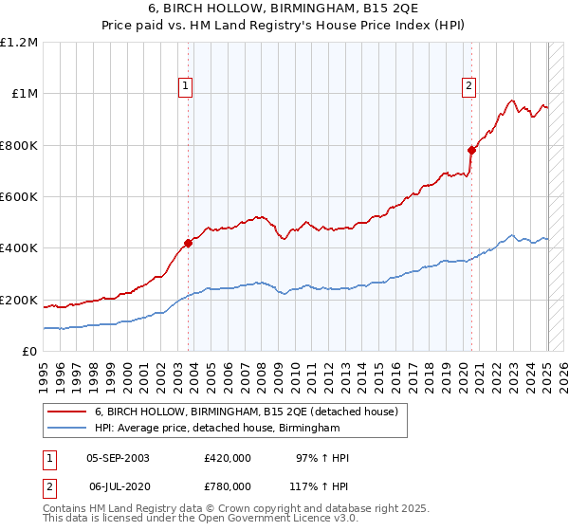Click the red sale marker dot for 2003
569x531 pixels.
coord(188,243)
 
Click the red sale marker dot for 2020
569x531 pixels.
coord(471,150)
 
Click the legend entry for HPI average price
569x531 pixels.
coord(217,429)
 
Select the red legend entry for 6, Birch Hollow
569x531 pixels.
coord(251,412)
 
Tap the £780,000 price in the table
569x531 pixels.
coord(228,485)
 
